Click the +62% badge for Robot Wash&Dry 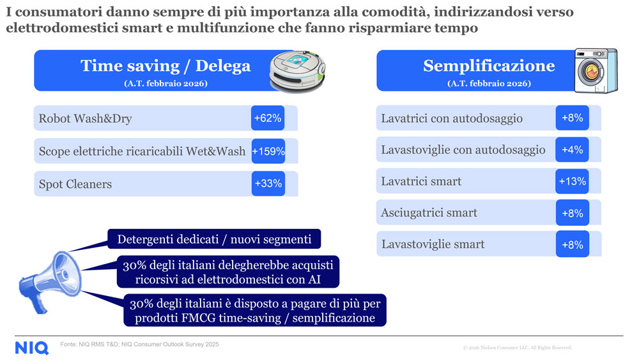268,118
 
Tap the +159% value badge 268,152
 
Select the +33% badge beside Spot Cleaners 268,184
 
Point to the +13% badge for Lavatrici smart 572,182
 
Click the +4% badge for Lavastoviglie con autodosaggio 572,150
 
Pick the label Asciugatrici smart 429,213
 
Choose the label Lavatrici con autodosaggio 452,118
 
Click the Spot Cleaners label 75,184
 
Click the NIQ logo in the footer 32,347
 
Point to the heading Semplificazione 489,66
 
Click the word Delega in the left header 223,66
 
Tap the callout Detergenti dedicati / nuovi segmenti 214,240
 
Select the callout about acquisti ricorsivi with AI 228,272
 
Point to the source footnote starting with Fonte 140,345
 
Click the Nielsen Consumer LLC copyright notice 517,348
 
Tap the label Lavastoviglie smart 433,244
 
